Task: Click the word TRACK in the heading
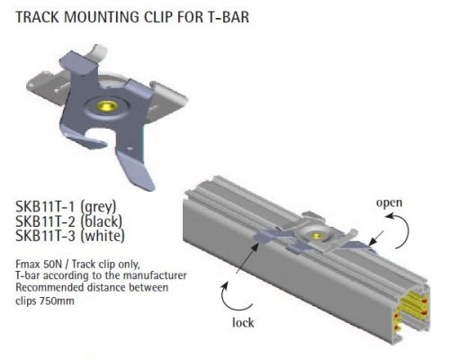pos(37,17)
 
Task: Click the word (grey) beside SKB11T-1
pos(98,207)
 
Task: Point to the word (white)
pos(103,236)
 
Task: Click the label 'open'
pos(389,203)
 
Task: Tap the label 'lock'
pos(243,322)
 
